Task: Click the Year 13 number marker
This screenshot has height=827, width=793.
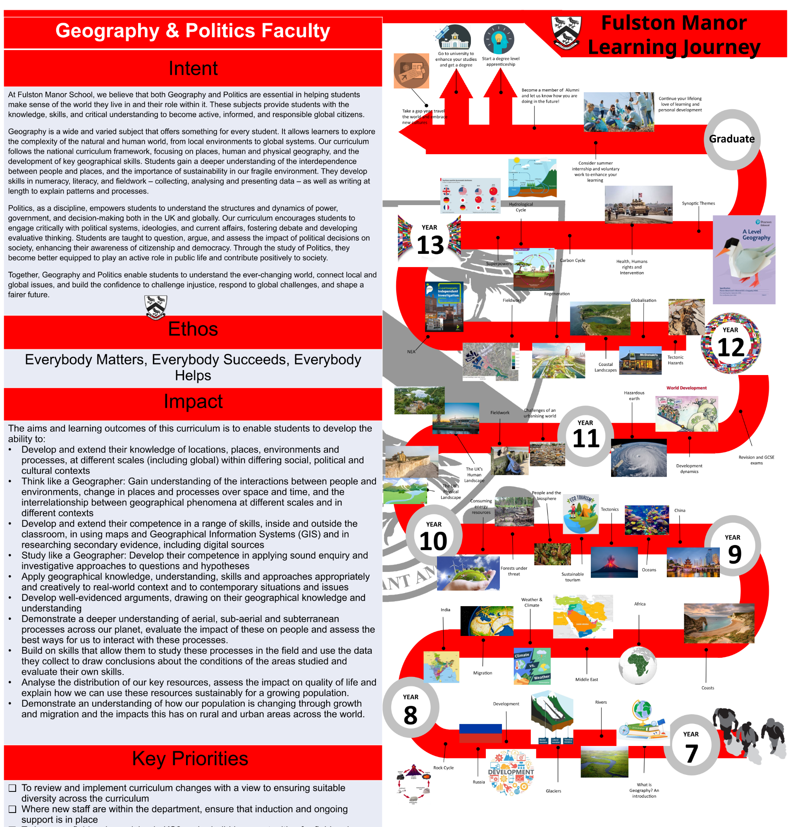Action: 430,240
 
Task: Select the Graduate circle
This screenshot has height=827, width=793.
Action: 731,139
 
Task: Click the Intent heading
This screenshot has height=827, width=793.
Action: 193,68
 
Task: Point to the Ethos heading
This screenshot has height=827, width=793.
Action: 193,329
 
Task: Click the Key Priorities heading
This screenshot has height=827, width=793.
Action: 190,758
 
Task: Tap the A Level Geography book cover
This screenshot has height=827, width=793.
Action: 744,260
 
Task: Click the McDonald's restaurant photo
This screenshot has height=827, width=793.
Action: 640,360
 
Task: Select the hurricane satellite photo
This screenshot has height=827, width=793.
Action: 638,458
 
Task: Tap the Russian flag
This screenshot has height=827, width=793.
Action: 480,733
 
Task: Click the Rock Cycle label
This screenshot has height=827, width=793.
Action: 443,767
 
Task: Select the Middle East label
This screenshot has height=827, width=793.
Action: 586,679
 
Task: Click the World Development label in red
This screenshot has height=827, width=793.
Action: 686,388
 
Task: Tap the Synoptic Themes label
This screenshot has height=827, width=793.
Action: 698,203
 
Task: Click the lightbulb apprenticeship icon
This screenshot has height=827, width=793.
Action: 499,39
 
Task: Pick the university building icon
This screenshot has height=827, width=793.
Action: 454,38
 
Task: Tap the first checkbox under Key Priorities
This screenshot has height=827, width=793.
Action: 13,788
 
